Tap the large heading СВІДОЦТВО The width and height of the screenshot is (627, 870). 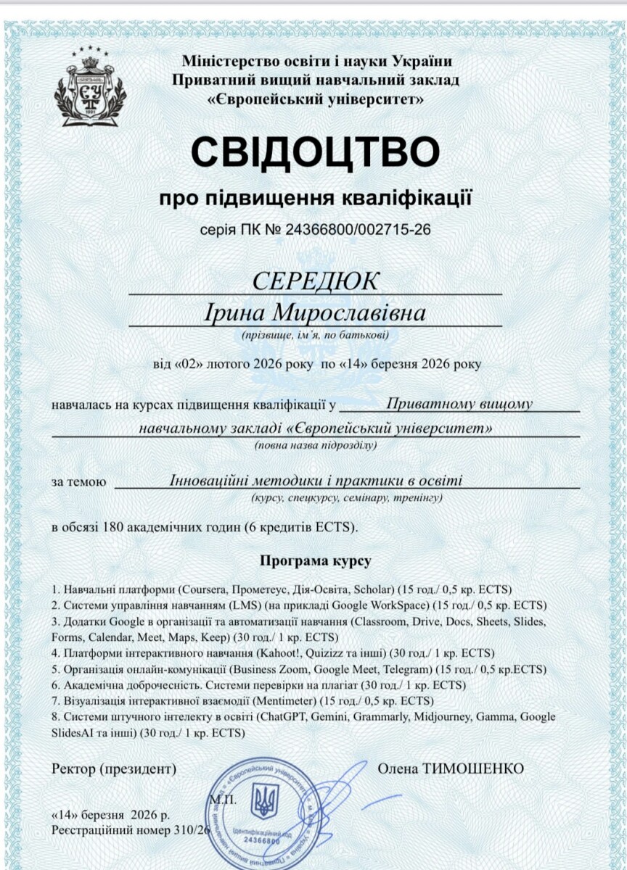click(x=316, y=151)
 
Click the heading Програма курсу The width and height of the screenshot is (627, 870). click(x=315, y=561)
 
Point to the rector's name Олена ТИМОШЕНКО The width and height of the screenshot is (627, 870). click(x=450, y=768)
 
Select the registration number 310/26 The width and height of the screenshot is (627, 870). click(x=192, y=828)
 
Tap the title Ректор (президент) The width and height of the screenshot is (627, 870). click(x=114, y=768)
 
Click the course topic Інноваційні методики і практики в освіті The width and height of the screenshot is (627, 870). click(x=316, y=480)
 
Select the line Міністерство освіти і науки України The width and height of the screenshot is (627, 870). click(x=316, y=61)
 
